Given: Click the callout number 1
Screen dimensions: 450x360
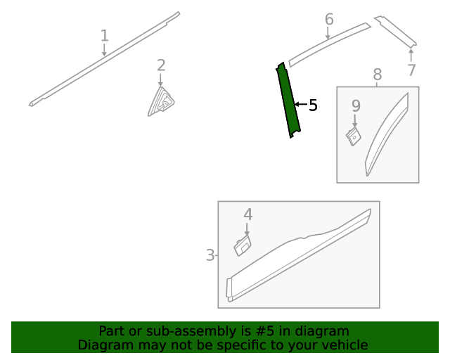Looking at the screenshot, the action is (105, 36).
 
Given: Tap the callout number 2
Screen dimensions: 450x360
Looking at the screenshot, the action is (161, 65).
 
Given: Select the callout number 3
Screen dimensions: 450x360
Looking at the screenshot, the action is (210, 255).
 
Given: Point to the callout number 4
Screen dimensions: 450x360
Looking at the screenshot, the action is (248, 214).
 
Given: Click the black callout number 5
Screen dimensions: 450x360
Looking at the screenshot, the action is (313, 105).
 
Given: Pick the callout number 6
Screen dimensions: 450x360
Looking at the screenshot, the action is (329, 19).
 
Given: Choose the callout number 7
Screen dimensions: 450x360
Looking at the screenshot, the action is (411, 70).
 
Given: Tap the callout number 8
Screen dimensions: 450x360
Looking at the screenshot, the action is (378, 75).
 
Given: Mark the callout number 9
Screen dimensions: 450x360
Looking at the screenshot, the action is (356, 105).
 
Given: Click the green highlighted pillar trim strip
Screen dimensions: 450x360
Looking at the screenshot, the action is (288, 100).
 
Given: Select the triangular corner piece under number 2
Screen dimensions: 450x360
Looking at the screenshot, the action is (161, 102).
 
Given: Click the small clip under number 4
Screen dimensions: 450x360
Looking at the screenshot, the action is (243, 245).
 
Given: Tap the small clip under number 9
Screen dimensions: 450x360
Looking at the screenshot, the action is (353, 136).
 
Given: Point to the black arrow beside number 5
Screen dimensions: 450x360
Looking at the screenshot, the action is (301, 104).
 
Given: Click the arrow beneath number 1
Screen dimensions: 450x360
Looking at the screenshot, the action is (104, 49).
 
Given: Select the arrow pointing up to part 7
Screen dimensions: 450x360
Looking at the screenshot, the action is (411, 56).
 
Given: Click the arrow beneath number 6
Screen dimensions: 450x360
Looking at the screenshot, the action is (328, 33).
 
